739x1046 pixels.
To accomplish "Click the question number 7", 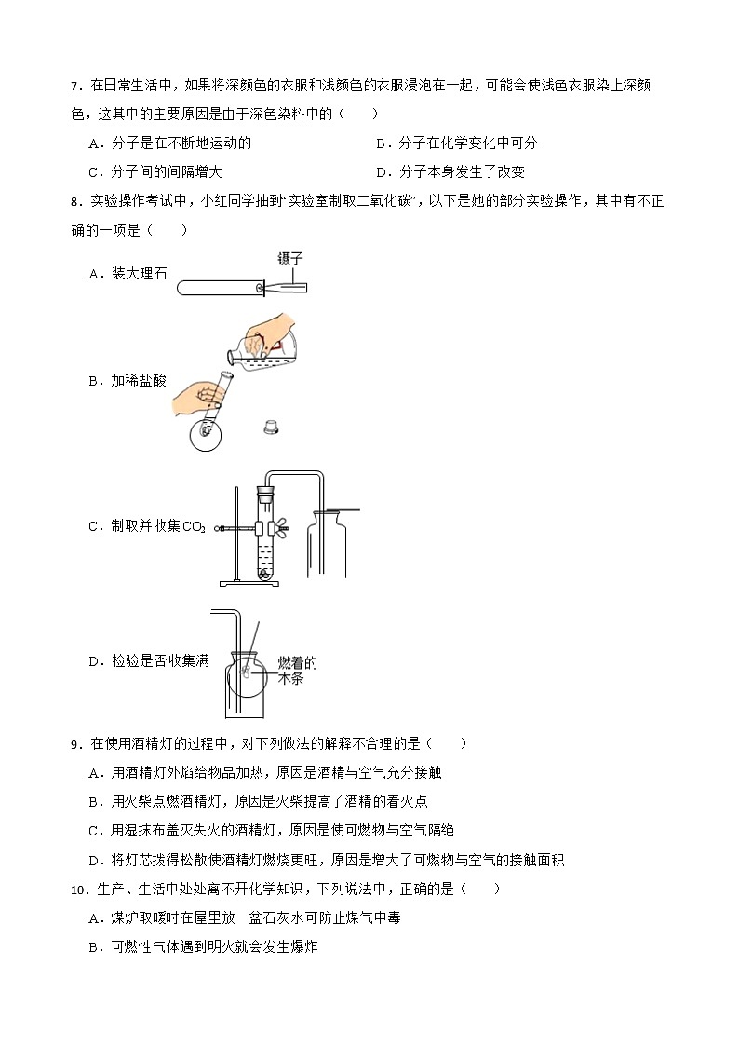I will pyautogui.click(x=75, y=88).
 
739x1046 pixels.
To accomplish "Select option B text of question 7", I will pyautogui.click(x=456, y=143).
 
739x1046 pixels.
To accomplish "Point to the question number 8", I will pyautogui.click(x=75, y=201).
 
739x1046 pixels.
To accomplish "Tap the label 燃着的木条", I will pyautogui.click(x=298, y=671).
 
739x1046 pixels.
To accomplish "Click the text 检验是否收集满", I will pyautogui.click(x=148, y=661).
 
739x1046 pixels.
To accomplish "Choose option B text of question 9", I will pyautogui.click(x=263, y=801).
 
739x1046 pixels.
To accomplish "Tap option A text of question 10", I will pyautogui.click(x=251, y=917).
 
